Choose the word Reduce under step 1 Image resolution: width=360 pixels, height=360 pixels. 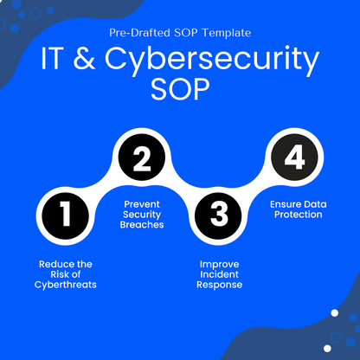(x=56, y=262)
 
